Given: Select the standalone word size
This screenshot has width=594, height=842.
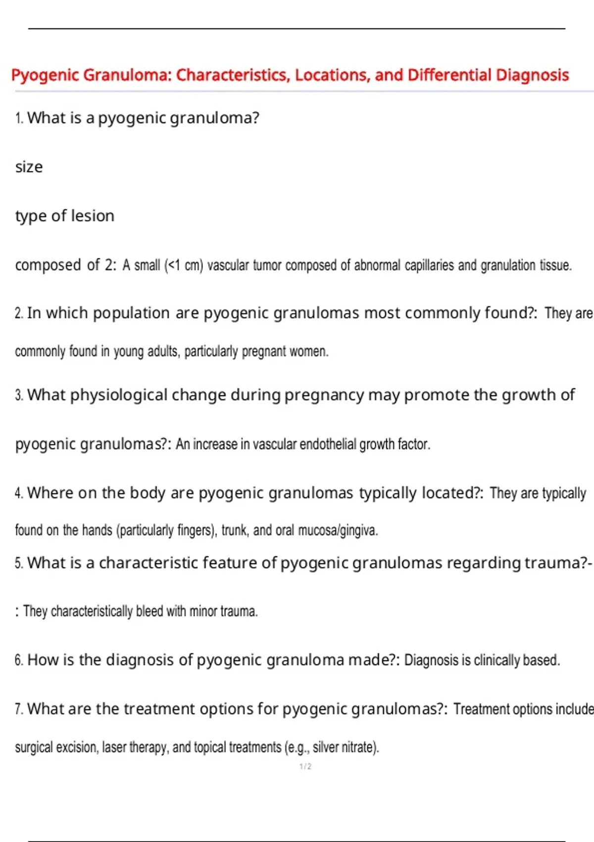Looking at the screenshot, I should [x=29, y=167].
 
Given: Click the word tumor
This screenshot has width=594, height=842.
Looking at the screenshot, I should [x=267, y=265].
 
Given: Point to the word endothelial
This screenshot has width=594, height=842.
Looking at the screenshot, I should [x=328, y=444].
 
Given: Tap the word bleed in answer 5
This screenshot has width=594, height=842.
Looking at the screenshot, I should [x=149, y=611].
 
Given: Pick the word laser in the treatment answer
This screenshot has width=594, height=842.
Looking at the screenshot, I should [x=114, y=747].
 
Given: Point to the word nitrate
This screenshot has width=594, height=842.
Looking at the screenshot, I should [x=358, y=747].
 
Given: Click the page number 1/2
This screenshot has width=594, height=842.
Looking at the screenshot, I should [x=305, y=767].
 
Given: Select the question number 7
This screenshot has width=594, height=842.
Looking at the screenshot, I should [x=19, y=709].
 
